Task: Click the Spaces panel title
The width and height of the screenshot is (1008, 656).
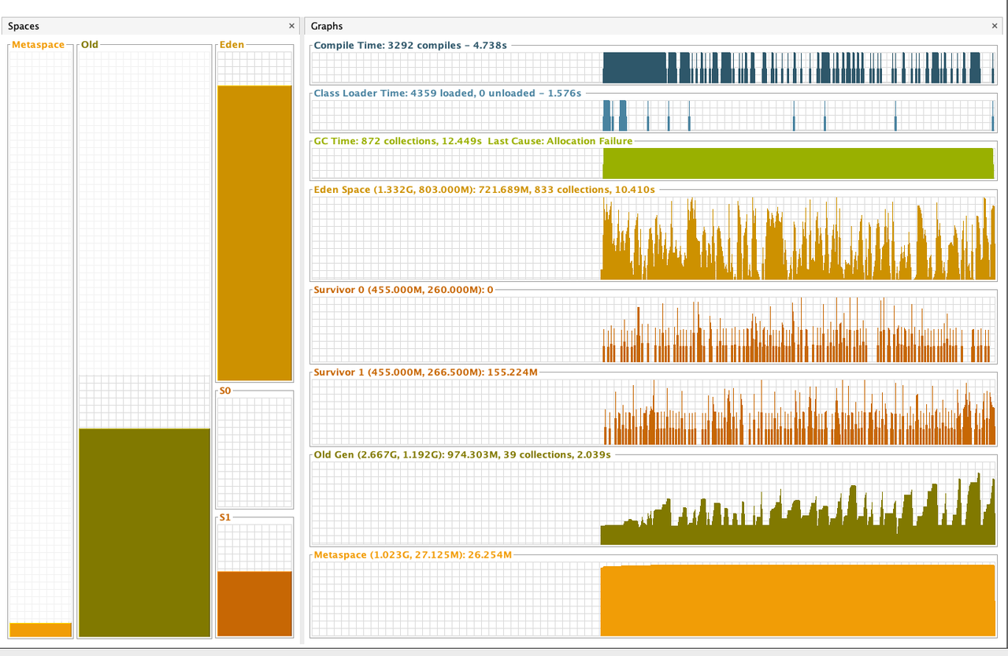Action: [x=24, y=26]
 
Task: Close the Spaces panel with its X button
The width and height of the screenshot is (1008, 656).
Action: [x=292, y=26]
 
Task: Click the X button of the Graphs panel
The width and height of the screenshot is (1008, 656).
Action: [x=995, y=26]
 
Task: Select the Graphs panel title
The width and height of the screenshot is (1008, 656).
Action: [x=327, y=26]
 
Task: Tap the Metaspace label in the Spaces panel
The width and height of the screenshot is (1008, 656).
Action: [x=38, y=45]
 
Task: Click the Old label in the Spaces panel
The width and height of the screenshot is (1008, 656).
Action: [x=90, y=45]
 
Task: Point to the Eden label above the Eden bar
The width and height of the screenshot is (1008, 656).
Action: [x=232, y=45]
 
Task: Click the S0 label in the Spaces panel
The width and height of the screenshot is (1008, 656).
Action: [x=226, y=391]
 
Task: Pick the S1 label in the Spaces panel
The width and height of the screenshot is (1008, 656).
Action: [x=226, y=517]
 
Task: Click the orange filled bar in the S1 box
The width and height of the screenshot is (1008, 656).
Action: [x=254, y=603]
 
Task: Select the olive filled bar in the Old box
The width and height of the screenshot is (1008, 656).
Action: [x=144, y=532]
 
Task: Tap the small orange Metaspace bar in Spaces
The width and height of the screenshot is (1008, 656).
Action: [x=40, y=629]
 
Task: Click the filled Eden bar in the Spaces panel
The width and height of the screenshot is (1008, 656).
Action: [x=254, y=232]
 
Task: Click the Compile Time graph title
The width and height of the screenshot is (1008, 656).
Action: [x=409, y=46]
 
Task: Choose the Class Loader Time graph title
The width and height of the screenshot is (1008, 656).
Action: [x=447, y=93]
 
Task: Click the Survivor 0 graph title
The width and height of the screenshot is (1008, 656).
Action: [x=403, y=290]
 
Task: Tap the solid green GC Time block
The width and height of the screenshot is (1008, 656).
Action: [x=798, y=163]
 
